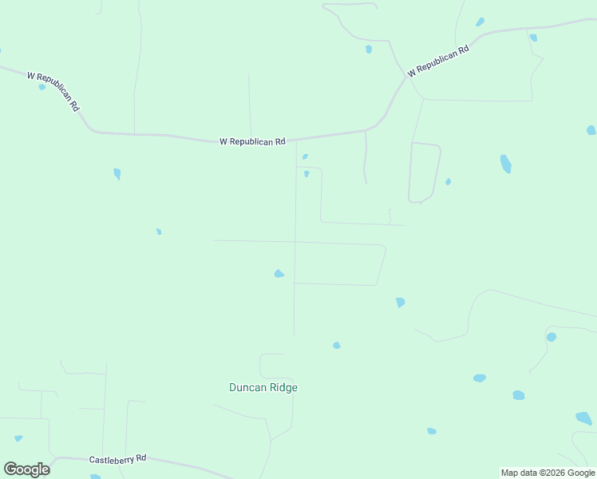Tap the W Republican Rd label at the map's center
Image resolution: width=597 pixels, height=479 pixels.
pos(252,141)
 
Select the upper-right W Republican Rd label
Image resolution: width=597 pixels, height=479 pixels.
pos(437,61)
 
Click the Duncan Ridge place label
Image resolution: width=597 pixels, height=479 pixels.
pos(263,387)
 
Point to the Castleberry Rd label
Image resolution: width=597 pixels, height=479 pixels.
pos(117,459)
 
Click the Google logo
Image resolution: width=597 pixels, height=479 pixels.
pos(26,469)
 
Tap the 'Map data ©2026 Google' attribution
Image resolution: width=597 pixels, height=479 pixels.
pos(548,473)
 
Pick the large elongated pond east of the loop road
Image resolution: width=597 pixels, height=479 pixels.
pos(505,164)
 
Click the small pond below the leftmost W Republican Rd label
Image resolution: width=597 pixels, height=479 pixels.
pos(42,86)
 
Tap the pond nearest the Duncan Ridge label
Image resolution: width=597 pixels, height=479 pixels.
pos(336,345)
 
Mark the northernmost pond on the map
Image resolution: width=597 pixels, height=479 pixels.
pos(480,22)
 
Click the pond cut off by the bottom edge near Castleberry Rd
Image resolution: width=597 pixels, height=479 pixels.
pos(96,477)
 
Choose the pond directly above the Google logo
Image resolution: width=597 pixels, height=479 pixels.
pos(18,437)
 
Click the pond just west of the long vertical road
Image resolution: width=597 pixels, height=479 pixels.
pos(279,274)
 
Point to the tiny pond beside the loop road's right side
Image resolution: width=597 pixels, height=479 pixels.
pos(448,181)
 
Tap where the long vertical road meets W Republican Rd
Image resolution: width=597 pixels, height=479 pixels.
pos(296,139)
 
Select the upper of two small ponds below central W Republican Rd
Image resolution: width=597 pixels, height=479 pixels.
pos(305,156)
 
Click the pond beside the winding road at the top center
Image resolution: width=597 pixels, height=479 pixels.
pos(368,49)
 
